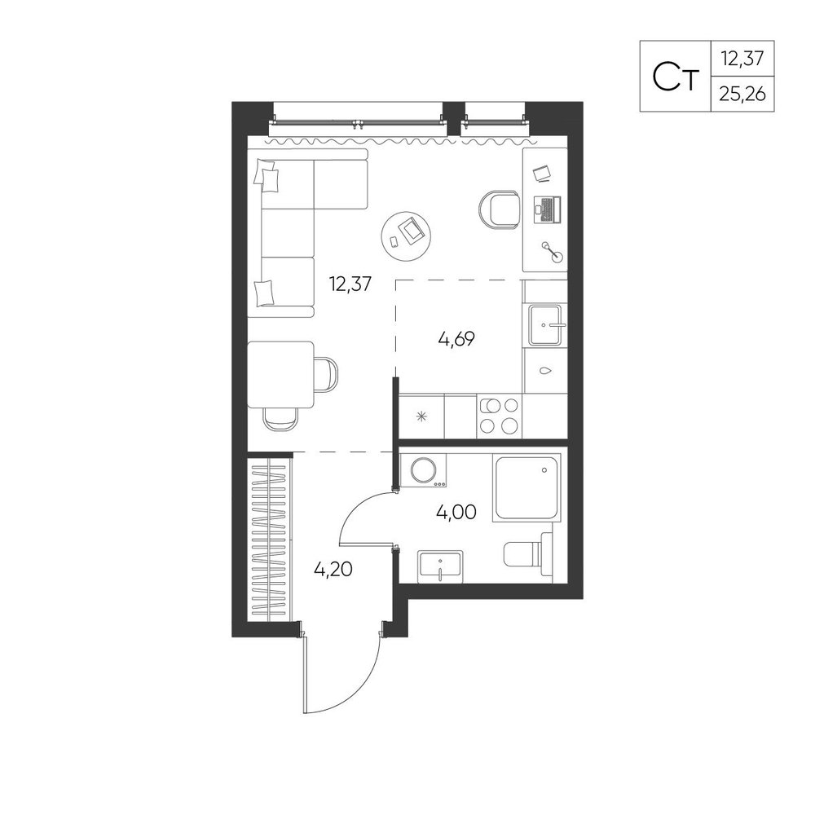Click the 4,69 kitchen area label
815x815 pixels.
457,339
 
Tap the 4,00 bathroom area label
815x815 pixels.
456,513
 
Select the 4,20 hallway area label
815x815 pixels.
333,570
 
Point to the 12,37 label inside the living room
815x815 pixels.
350,284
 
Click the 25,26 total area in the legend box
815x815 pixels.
742,95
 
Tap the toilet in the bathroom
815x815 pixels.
527,554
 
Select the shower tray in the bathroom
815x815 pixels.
527,487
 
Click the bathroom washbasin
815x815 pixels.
441,566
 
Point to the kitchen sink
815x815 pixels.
545,325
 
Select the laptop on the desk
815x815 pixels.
547,210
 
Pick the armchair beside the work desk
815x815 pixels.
499,210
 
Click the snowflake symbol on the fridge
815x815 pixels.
422,416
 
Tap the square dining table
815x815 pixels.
280,374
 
